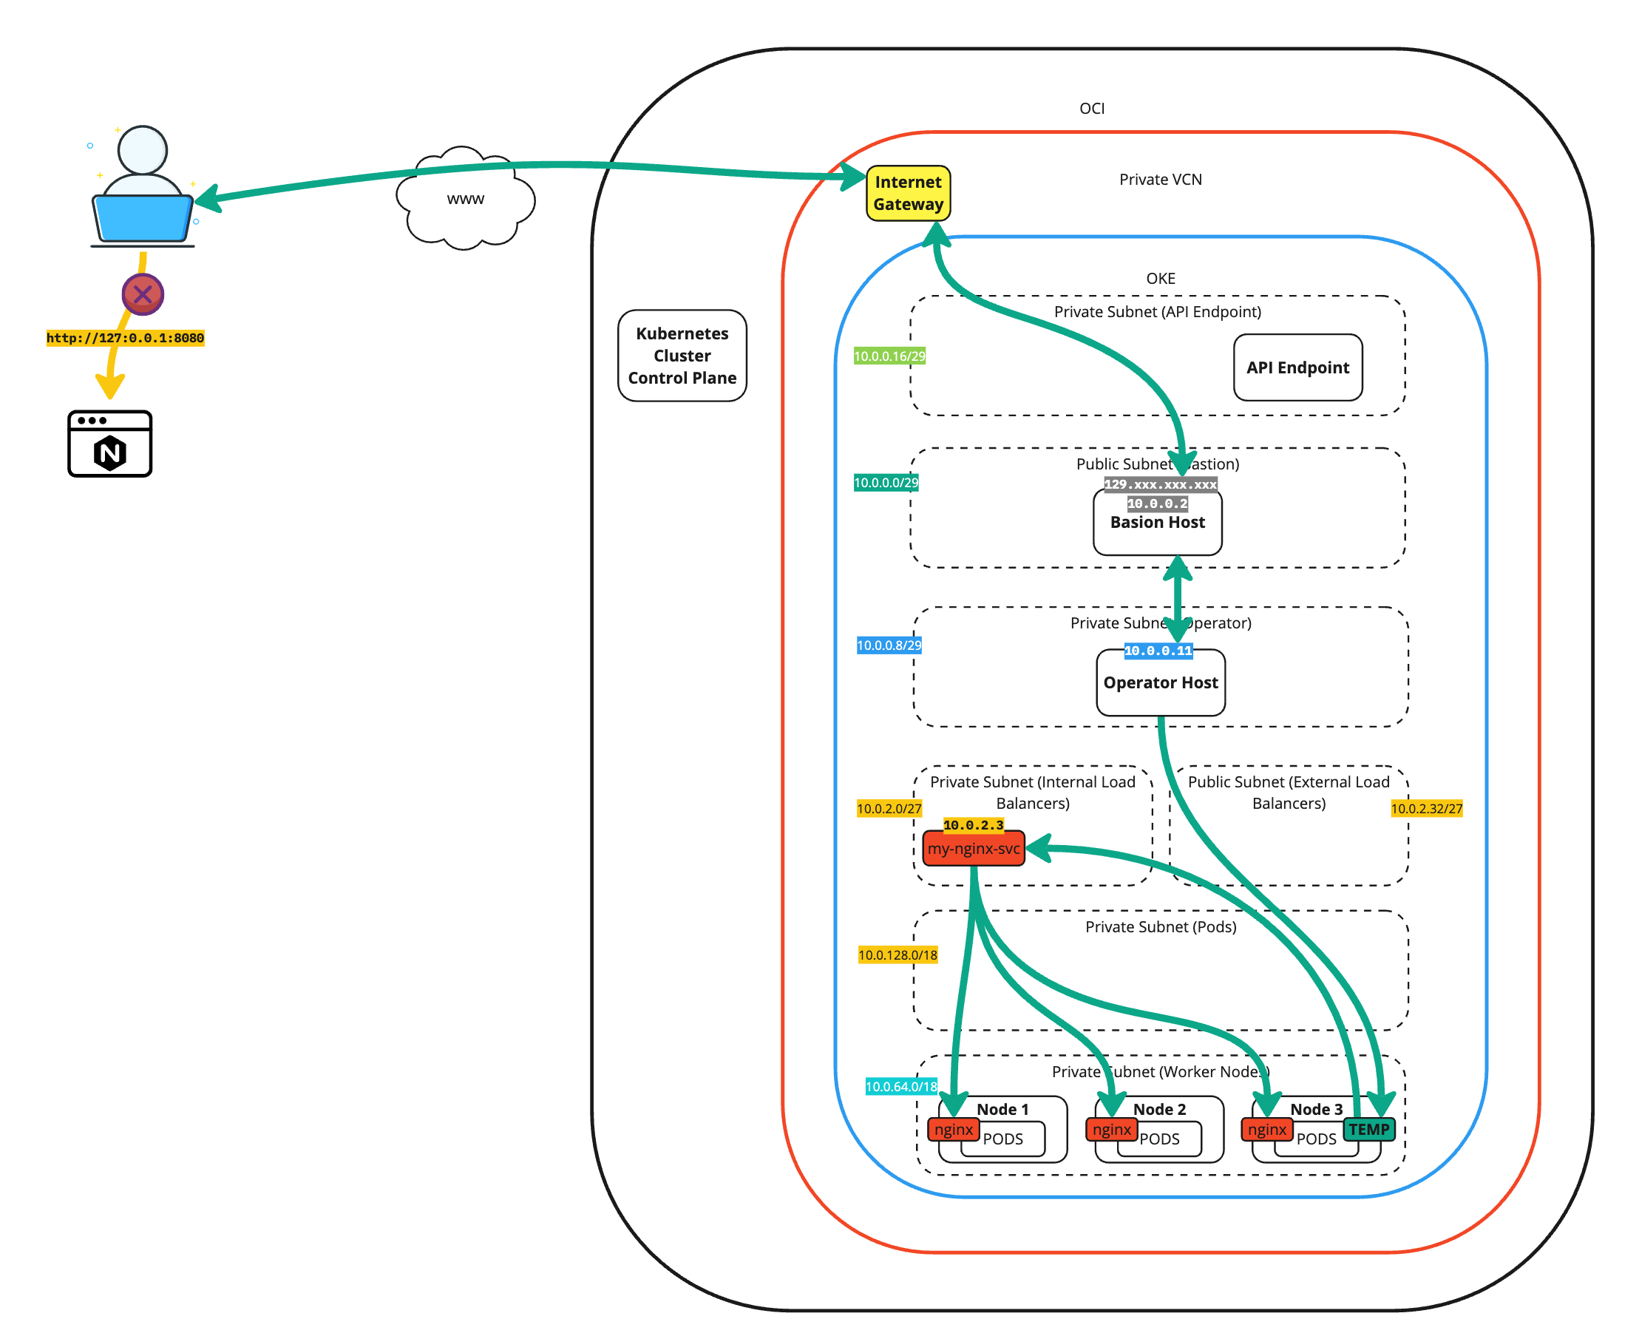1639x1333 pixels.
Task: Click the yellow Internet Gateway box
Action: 908,194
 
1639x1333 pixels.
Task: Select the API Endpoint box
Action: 1297,367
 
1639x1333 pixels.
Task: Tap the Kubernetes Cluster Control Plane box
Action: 682,356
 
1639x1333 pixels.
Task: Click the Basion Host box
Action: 1158,530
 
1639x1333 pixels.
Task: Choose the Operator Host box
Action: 1161,682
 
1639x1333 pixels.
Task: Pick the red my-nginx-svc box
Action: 974,849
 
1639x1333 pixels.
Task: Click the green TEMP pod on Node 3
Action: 1368,1130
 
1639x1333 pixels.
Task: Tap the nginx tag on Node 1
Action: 954,1130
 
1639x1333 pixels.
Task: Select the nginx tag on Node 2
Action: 1112,1130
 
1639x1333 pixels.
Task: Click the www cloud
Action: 465,199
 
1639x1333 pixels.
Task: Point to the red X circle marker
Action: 143,294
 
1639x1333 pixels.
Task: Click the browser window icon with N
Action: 109,444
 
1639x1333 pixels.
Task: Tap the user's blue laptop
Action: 143,219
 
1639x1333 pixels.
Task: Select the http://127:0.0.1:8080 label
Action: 125,338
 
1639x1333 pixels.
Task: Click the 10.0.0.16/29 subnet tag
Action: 890,356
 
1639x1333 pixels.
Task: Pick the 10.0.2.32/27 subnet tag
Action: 1426,809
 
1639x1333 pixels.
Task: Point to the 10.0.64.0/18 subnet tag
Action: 901,1087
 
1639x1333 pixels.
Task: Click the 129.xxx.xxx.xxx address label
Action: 1160,484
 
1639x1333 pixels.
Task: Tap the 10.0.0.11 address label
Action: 1158,651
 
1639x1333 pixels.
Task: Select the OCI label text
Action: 1092,109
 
